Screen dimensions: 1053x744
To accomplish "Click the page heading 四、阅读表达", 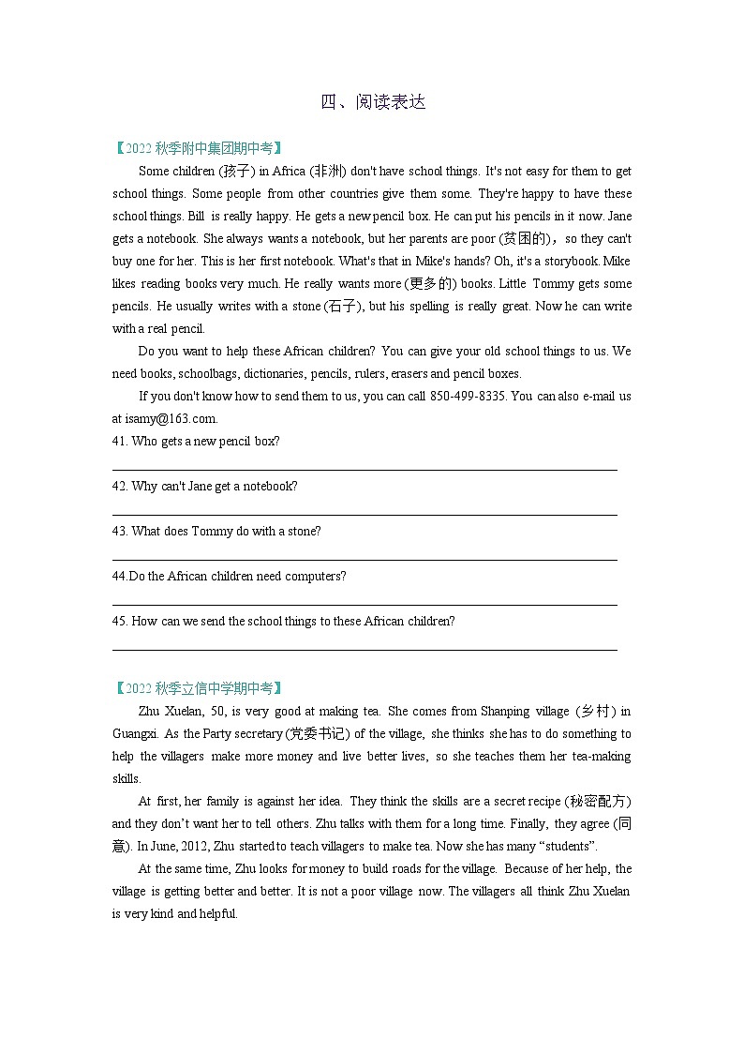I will coord(373,102).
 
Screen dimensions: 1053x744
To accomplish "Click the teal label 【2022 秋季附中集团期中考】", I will coord(197,148).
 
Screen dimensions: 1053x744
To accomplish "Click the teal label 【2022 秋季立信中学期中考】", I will coord(197,688).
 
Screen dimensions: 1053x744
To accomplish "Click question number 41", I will coord(119,442).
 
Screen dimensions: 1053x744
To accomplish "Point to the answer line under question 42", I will coord(365,514).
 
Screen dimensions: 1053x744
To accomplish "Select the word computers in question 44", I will coord(314,577).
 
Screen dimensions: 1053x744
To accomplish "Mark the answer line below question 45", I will coord(365,649).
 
